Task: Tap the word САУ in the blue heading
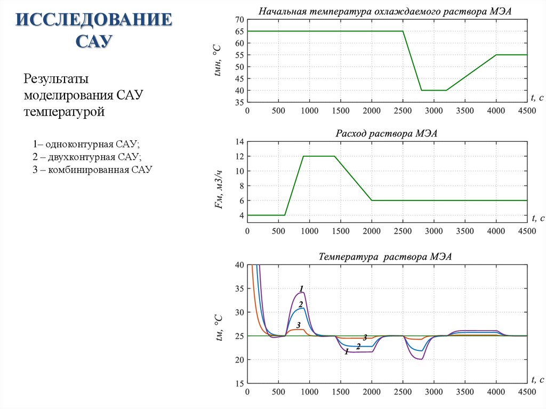point(94,41)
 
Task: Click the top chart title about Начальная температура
point(385,12)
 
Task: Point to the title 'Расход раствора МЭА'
point(386,133)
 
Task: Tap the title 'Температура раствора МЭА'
point(385,256)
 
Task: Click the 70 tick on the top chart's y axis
point(239,20)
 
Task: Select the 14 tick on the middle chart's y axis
point(239,141)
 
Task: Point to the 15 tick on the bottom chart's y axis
point(239,383)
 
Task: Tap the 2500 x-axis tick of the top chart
point(403,111)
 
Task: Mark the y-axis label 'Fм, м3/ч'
point(218,190)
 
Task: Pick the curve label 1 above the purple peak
point(301,288)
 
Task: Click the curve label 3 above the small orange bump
point(299,325)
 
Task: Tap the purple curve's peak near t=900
point(303,292)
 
